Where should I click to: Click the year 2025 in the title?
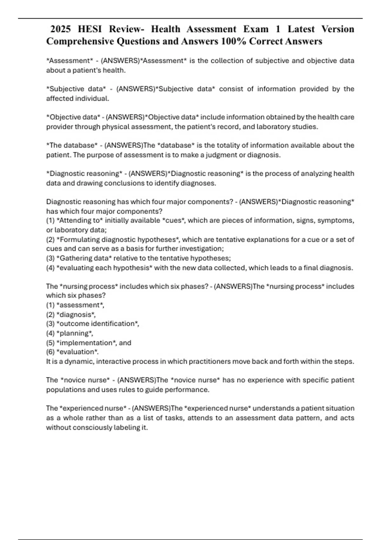[x=61, y=29]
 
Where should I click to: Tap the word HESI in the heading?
[x=90, y=29]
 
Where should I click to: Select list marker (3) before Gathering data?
[x=50, y=258]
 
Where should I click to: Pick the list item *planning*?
[x=75, y=333]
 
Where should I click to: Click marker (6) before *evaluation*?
[x=50, y=352]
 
